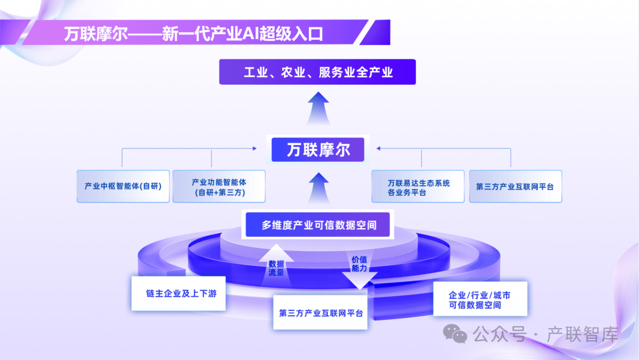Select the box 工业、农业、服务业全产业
pyautogui.click(x=318, y=72)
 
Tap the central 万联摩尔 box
pyautogui.click(x=318, y=149)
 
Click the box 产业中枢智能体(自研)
pyautogui.click(x=122, y=186)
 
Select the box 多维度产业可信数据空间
pyautogui.click(x=318, y=225)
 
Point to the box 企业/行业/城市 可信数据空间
pyautogui.click(x=479, y=300)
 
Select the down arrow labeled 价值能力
pyautogui.click(x=359, y=269)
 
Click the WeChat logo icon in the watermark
pyautogui.click(x=456, y=335)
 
